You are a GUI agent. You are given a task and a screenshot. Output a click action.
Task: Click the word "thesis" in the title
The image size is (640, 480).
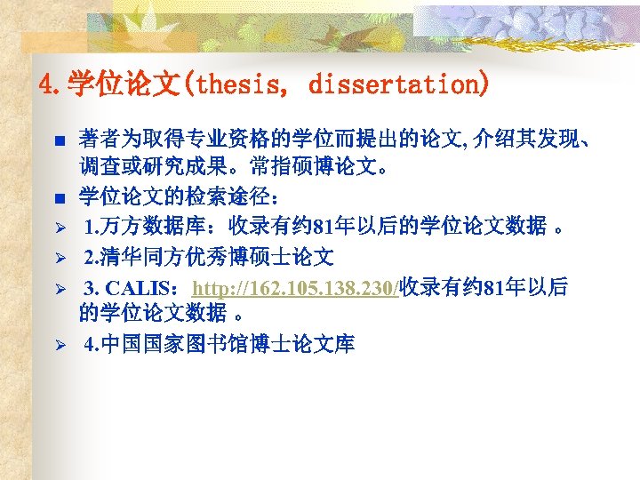[x=234, y=86]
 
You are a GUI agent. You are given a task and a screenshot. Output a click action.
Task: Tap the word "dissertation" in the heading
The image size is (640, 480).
[x=397, y=86]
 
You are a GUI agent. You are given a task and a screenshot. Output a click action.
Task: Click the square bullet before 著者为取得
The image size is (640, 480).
[x=58, y=140]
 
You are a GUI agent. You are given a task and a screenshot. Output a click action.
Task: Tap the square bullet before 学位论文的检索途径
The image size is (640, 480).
[x=58, y=197]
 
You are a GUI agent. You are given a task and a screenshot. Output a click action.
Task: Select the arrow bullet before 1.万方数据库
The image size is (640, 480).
[x=58, y=228]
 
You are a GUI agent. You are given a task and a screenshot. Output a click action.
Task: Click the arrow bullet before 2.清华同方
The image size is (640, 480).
[x=58, y=259]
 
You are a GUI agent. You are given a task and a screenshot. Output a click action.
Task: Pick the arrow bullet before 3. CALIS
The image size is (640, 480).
[x=58, y=289]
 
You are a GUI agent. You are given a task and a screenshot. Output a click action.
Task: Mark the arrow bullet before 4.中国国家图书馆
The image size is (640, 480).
[x=58, y=344]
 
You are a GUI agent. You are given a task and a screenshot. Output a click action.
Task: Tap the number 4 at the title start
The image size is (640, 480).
[x=47, y=86]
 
